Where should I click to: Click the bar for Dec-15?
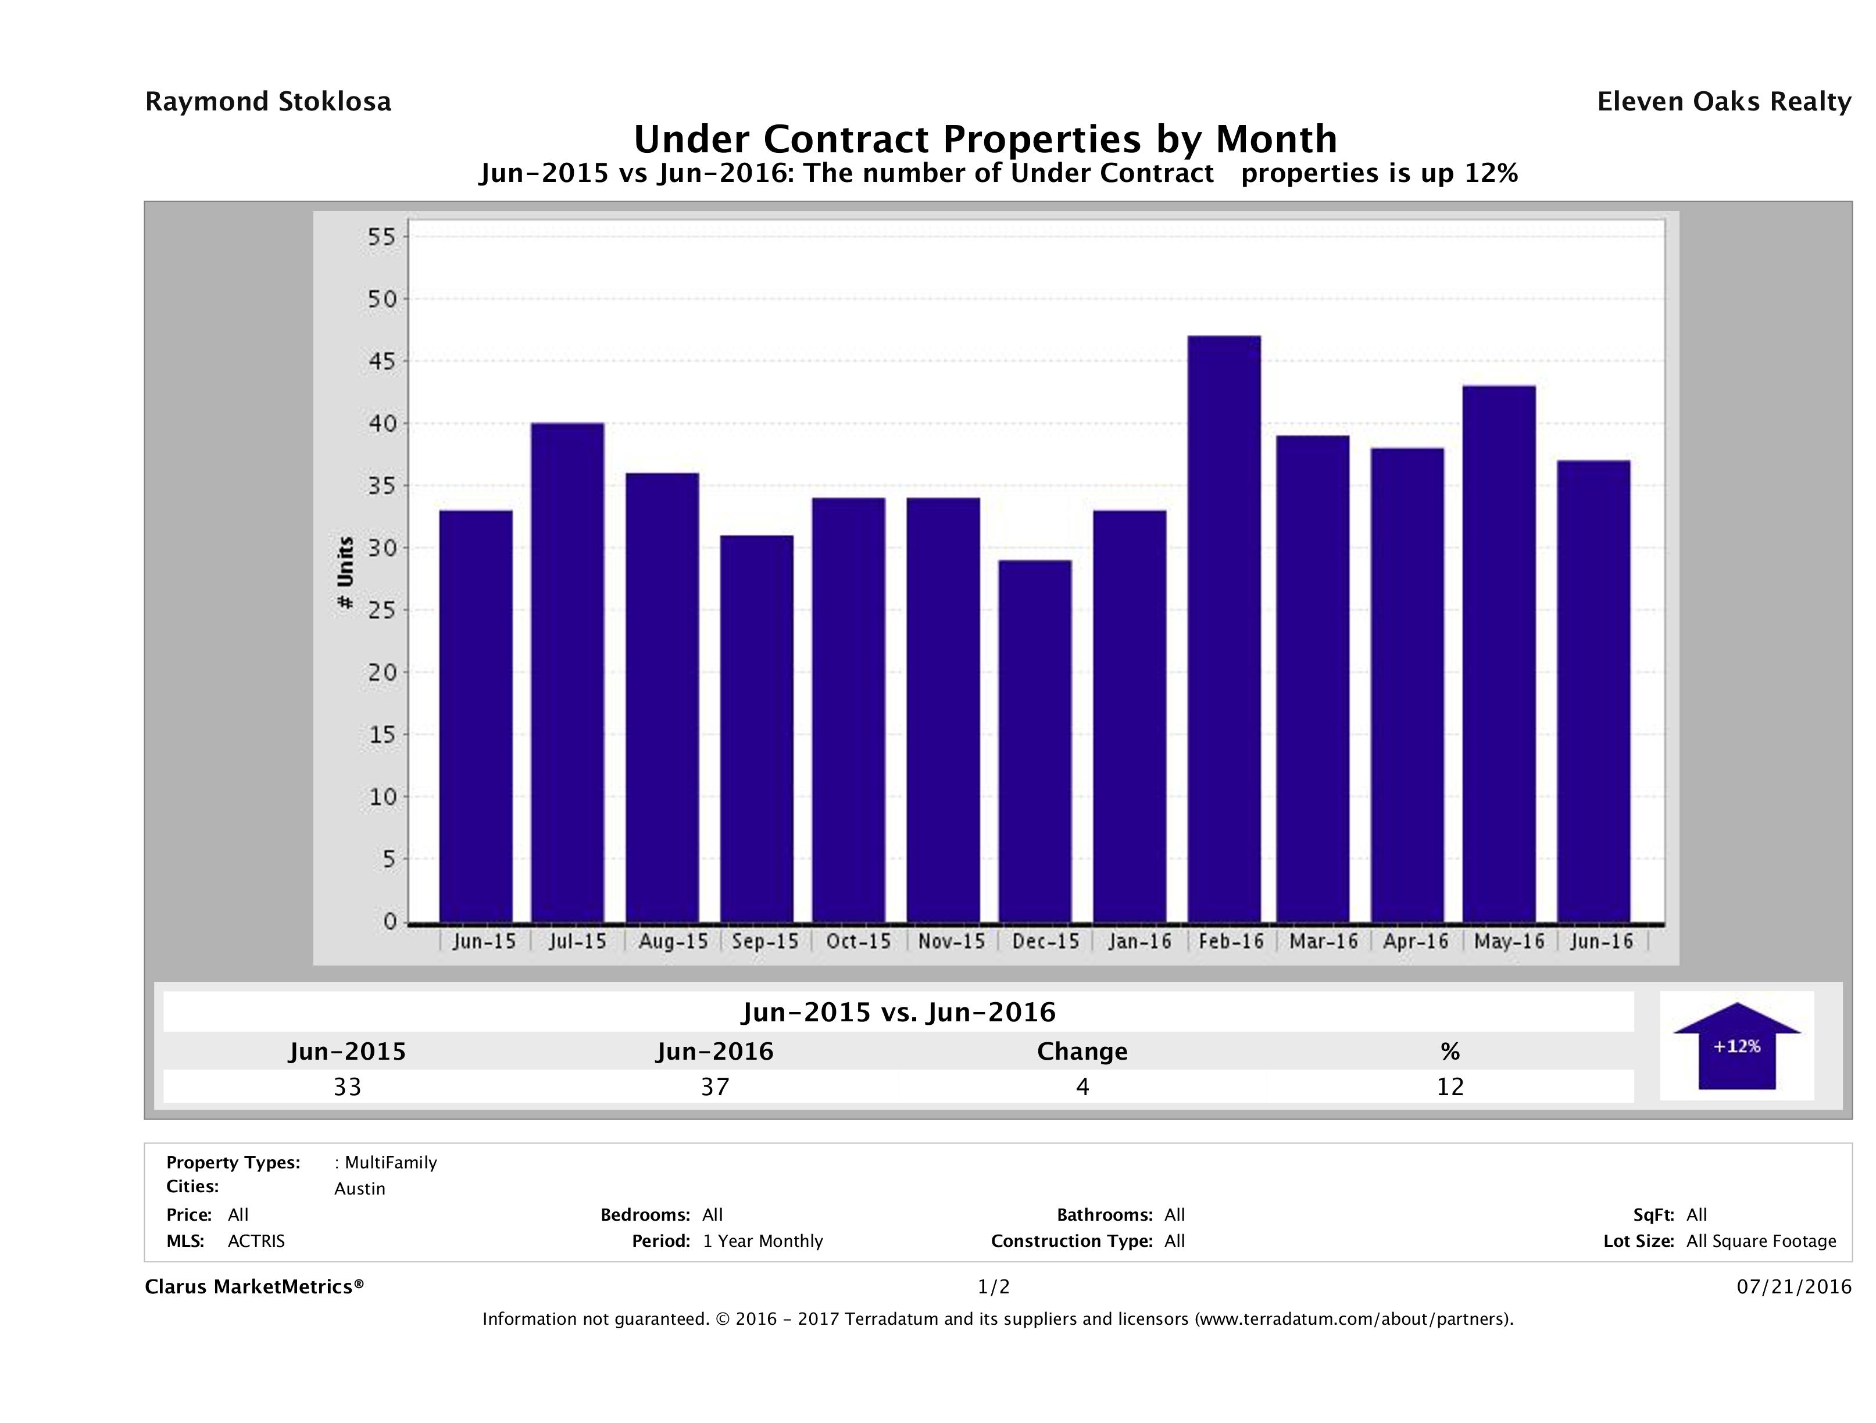pyautogui.click(x=1035, y=741)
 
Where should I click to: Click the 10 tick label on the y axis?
pyautogui.click(x=383, y=797)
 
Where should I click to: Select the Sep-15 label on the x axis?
pyautogui.click(x=765, y=941)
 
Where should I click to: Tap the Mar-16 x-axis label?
pyautogui.click(x=1323, y=941)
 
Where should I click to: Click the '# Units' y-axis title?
pyautogui.click(x=345, y=573)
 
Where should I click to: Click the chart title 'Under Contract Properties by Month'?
pyautogui.click(x=985, y=139)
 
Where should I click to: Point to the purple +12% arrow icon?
pyautogui.click(x=1736, y=1046)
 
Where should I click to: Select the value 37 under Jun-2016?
pyautogui.click(x=715, y=1086)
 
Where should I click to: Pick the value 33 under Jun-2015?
pyautogui.click(x=348, y=1086)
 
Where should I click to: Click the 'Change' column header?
pyautogui.click(x=1082, y=1052)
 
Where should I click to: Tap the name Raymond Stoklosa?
pyautogui.click(x=268, y=102)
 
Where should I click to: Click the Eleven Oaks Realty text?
pyautogui.click(x=1723, y=102)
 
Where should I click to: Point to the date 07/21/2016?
pyautogui.click(x=1793, y=1288)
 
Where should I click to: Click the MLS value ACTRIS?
pyautogui.click(x=256, y=1242)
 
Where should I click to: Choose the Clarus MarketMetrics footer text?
pyautogui.click(x=255, y=1288)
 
